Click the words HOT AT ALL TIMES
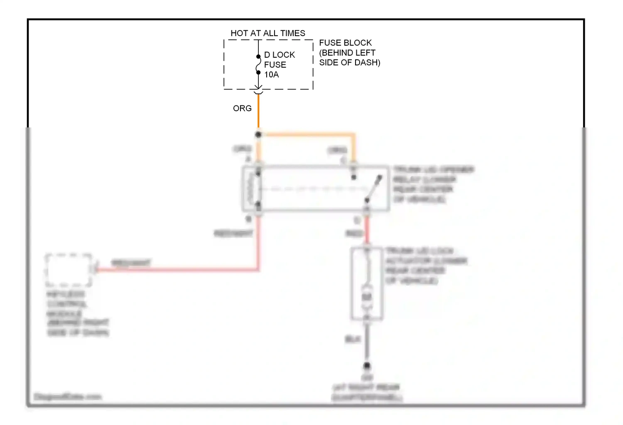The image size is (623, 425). (268, 33)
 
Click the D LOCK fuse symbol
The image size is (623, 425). (258, 64)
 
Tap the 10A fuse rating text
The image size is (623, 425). (272, 75)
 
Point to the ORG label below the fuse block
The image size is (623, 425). (242, 108)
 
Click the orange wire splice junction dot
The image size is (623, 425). (258, 134)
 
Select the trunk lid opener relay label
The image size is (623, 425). (433, 184)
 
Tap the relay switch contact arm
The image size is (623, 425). (373, 189)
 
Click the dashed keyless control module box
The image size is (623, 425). (69, 270)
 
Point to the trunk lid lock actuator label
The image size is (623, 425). (426, 266)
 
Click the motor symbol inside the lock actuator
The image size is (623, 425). (367, 297)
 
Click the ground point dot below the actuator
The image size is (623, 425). (367, 366)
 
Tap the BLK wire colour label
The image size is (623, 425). (353, 340)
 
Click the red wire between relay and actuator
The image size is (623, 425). (367, 230)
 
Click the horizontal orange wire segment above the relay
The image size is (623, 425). (307, 134)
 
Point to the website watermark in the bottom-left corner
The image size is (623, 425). (67, 397)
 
